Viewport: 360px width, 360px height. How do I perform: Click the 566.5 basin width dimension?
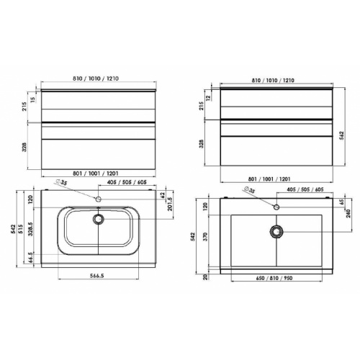[x=96, y=276]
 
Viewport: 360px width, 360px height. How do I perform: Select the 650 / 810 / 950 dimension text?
[x=274, y=278]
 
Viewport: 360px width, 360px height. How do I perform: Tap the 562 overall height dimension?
[x=342, y=135]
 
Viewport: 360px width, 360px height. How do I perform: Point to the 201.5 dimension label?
[x=170, y=204]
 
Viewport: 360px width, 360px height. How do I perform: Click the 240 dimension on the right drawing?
[x=348, y=213]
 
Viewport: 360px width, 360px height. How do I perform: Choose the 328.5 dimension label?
[x=30, y=229]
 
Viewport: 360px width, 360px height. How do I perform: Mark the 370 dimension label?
[x=205, y=237]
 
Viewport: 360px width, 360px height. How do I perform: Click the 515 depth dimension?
[x=21, y=229]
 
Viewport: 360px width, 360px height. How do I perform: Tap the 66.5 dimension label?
[x=30, y=258]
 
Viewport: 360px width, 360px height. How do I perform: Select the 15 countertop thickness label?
[x=33, y=99]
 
